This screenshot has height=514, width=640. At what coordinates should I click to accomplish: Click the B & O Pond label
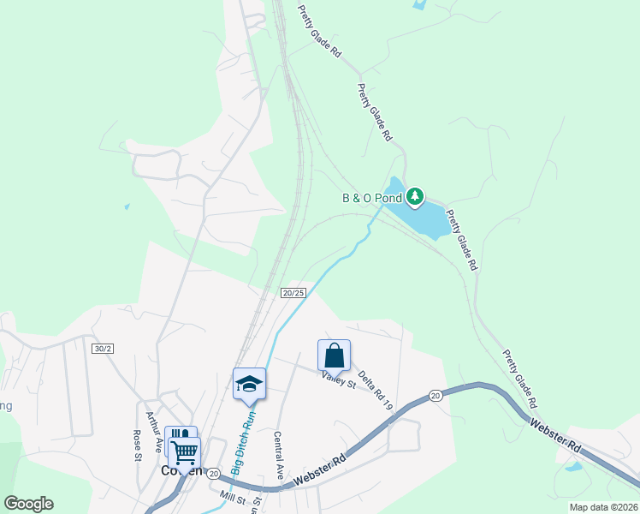pos(372,198)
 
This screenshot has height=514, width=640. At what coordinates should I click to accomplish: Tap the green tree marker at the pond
pos(415,198)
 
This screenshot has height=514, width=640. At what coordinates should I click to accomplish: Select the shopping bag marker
pos(334,355)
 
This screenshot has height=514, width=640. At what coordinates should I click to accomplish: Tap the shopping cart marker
pos(184,451)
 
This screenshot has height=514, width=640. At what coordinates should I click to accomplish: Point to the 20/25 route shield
pos(293,293)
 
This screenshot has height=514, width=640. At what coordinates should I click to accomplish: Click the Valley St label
pos(338,380)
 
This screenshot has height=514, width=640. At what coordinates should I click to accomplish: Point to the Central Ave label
pos(278,454)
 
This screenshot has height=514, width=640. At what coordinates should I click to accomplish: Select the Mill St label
pos(232,496)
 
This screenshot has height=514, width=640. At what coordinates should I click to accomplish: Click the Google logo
pos(28,504)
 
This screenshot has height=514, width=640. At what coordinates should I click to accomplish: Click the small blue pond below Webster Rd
pos(573,467)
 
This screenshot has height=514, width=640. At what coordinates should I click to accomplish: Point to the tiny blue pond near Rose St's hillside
pos(126,206)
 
